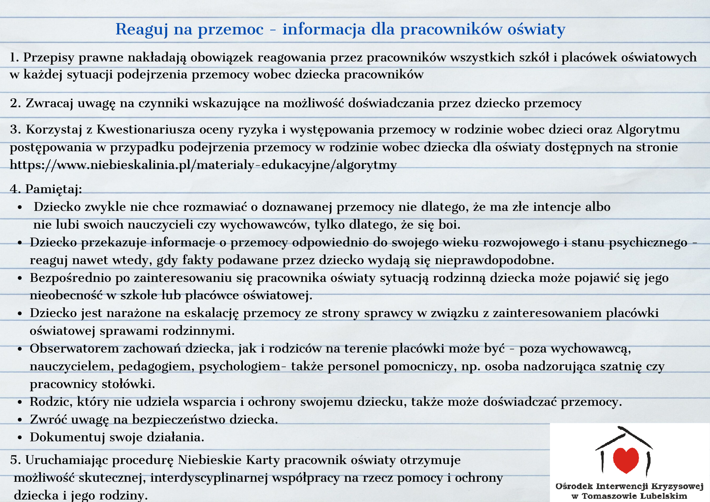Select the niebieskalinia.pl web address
point(203,165)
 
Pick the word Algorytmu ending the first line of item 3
point(648,130)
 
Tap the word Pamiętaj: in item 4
point(54,189)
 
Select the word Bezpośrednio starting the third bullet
point(70,278)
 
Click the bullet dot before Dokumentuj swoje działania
point(20,438)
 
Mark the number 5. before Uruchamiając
point(16,460)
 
